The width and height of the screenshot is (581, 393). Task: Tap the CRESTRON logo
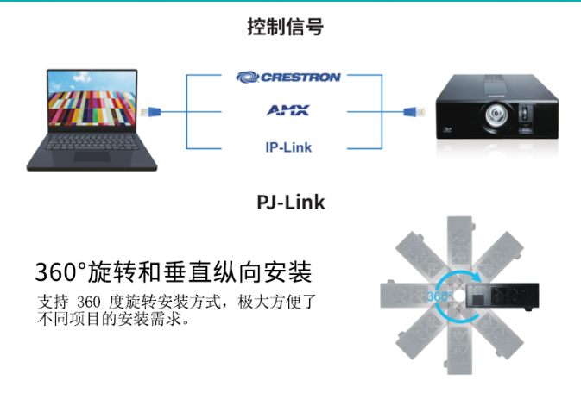288,77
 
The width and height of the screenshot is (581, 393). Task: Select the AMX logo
288,110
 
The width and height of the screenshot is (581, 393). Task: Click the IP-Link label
288,147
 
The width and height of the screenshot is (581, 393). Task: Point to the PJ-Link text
291,203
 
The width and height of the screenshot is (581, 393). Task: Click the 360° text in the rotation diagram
439,296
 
